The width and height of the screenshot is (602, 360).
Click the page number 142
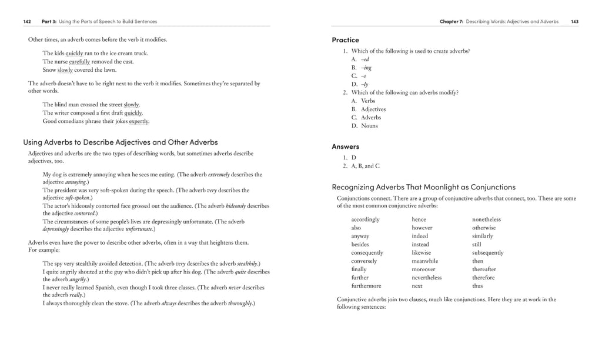click(x=27, y=22)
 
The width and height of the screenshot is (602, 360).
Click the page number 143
click(x=574, y=22)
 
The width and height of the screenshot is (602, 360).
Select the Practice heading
click(x=345, y=40)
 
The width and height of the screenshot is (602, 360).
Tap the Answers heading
click(x=345, y=146)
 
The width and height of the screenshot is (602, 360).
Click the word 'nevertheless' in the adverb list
click(x=426, y=278)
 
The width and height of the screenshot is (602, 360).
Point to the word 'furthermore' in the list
click(x=366, y=286)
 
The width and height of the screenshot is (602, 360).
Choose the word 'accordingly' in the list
click(x=365, y=219)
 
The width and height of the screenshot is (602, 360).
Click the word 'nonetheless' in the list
click(x=486, y=219)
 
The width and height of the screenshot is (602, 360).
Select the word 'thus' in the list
click(x=477, y=286)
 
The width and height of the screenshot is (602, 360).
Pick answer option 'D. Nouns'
click(x=364, y=126)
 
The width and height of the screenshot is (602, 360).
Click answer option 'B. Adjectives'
click(x=369, y=109)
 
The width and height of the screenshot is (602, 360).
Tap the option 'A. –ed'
click(x=360, y=59)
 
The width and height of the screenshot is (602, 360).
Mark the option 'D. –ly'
click(x=360, y=84)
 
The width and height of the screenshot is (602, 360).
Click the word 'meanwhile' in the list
click(x=425, y=261)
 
